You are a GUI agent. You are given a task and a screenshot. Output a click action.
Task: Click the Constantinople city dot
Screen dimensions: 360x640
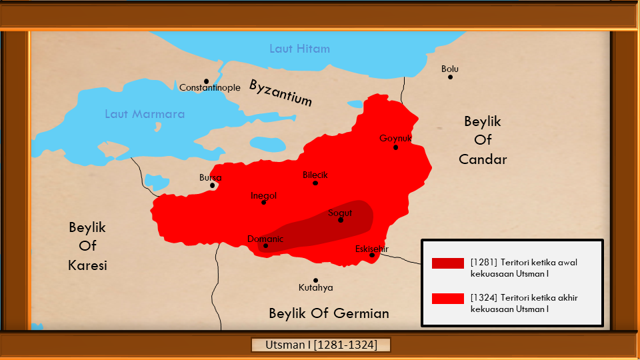pyautogui.click(x=207, y=81)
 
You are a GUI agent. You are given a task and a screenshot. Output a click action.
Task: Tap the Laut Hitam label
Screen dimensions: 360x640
pyautogui.click(x=299, y=49)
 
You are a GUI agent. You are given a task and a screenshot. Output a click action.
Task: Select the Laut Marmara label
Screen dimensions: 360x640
pyautogui.click(x=145, y=114)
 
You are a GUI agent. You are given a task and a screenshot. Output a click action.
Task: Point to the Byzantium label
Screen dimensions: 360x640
pyautogui.click(x=281, y=92)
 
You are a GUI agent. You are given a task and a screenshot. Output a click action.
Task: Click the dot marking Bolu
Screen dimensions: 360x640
pyautogui.click(x=450, y=77)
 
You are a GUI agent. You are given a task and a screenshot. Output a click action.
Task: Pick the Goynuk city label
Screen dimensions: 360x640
pyautogui.click(x=395, y=138)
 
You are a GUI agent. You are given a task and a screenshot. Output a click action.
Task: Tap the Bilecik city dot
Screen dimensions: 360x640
pyautogui.click(x=315, y=183)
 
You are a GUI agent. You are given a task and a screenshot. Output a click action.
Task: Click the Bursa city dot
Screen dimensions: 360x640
pyautogui.click(x=213, y=185)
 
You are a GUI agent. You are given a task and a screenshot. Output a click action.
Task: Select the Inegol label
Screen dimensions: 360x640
pyautogui.click(x=263, y=195)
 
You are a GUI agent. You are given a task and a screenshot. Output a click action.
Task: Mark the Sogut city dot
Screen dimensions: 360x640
pyautogui.click(x=341, y=220)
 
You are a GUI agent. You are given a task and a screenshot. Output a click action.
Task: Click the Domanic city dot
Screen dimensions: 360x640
pyautogui.click(x=265, y=246)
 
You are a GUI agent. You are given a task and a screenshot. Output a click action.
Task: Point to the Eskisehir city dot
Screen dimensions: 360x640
pyautogui.click(x=372, y=255)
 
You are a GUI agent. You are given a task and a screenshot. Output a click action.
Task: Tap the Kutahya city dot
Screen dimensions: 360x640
pyautogui.click(x=315, y=280)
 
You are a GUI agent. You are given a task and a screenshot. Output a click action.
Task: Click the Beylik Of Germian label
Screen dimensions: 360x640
pyautogui.click(x=329, y=313)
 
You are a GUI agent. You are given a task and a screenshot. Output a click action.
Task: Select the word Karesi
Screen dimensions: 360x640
pyautogui.click(x=87, y=265)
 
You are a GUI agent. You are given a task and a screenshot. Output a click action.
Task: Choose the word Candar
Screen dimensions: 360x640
pyautogui.click(x=483, y=159)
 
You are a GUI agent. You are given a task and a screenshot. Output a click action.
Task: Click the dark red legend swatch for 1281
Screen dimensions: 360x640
pyautogui.click(x=447, y=263)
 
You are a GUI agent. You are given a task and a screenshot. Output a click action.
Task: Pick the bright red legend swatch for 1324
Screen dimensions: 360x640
pyautogui.click(x=447, y=298)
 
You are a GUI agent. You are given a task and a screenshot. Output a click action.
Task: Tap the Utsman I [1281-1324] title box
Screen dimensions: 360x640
pyautogui.click(x=320, y=345)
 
